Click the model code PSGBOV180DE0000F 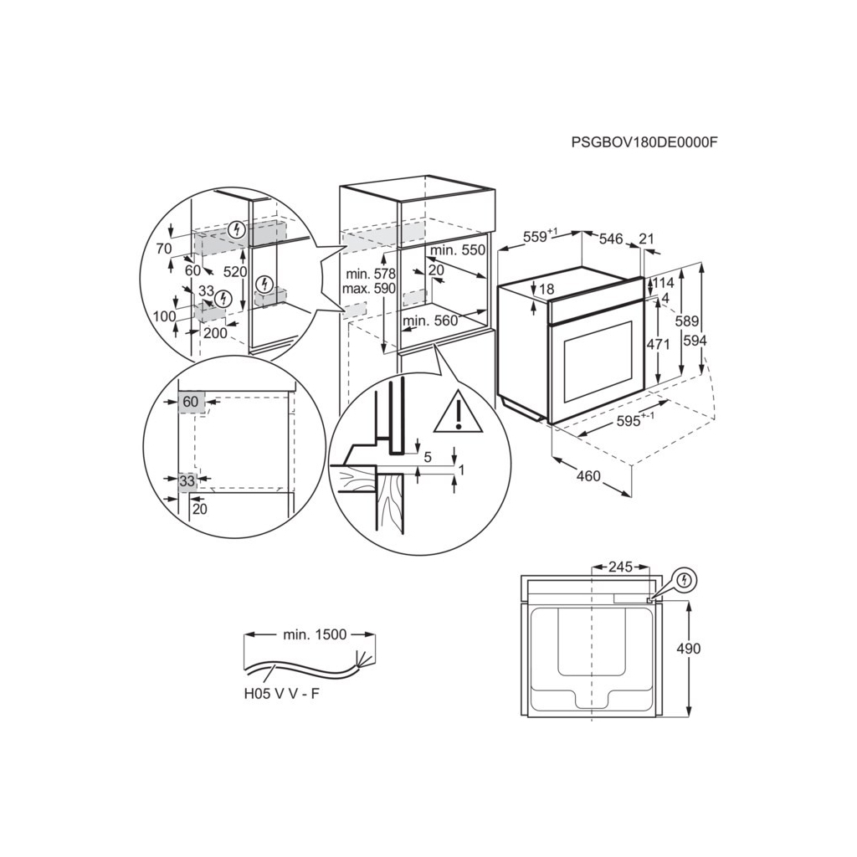644,142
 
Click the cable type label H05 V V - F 281,695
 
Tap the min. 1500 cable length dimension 314,635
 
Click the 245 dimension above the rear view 620,567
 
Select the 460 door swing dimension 588,476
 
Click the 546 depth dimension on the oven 612,239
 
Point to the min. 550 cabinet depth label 457,250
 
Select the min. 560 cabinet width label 430,321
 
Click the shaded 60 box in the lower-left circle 191,402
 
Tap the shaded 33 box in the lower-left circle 187,480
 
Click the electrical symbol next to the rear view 685,578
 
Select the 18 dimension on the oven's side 547,290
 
